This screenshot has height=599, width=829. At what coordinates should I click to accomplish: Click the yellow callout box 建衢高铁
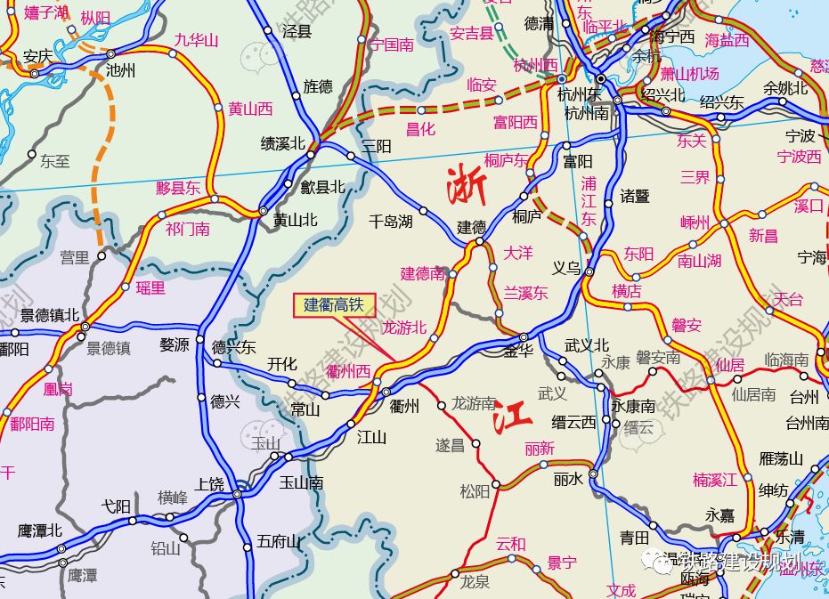click(335, 305)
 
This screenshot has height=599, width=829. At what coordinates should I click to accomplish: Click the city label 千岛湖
click(391, 222)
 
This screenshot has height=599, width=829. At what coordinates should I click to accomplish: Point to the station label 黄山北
click(295, 220)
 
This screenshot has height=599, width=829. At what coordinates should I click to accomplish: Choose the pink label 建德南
click(422, 273)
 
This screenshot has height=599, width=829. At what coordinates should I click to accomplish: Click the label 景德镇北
click(50, 314)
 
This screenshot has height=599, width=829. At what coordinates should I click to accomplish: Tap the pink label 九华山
click(196, 39)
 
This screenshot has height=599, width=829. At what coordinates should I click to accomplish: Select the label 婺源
click(175, 344)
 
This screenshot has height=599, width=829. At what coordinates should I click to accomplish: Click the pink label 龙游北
click(404, 327)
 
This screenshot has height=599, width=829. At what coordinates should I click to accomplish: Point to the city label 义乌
click(566, 268)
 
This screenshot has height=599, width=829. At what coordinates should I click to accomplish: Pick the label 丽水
click(568, 478)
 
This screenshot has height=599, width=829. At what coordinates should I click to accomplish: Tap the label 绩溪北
click(282, 143)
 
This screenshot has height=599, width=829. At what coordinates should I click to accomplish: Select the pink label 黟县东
click(178, 188)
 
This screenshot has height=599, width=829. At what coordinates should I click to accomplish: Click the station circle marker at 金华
click(524, 337)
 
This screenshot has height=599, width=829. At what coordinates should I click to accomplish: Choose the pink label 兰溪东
click(525, 293)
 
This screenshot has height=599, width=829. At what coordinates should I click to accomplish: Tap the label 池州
click(120, 70)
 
